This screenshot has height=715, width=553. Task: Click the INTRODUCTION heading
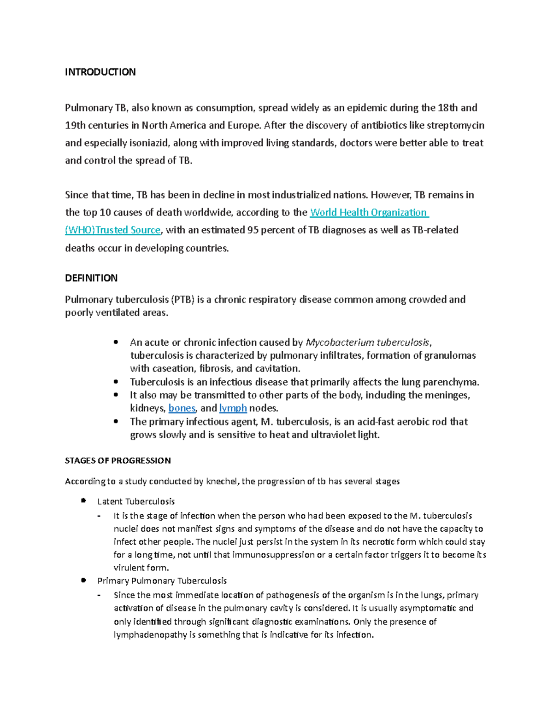point(100,72)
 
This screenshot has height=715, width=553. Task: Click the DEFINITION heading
point(91,278)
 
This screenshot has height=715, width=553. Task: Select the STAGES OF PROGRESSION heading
point(118,460)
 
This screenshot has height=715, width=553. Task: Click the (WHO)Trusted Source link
point(112,230)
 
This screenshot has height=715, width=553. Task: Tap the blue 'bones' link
point(182,408)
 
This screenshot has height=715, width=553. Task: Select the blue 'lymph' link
point(233,408)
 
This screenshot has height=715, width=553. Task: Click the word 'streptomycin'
point(455,125)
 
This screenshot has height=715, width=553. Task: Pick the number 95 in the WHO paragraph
point(253,230)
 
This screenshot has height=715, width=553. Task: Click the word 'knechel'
point(222,481)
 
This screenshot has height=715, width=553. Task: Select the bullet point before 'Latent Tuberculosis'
point(83,501)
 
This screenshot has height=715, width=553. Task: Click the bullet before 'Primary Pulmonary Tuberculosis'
point(83,581)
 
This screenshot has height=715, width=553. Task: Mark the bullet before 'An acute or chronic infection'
point(116,342)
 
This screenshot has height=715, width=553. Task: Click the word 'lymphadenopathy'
point(150,634)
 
